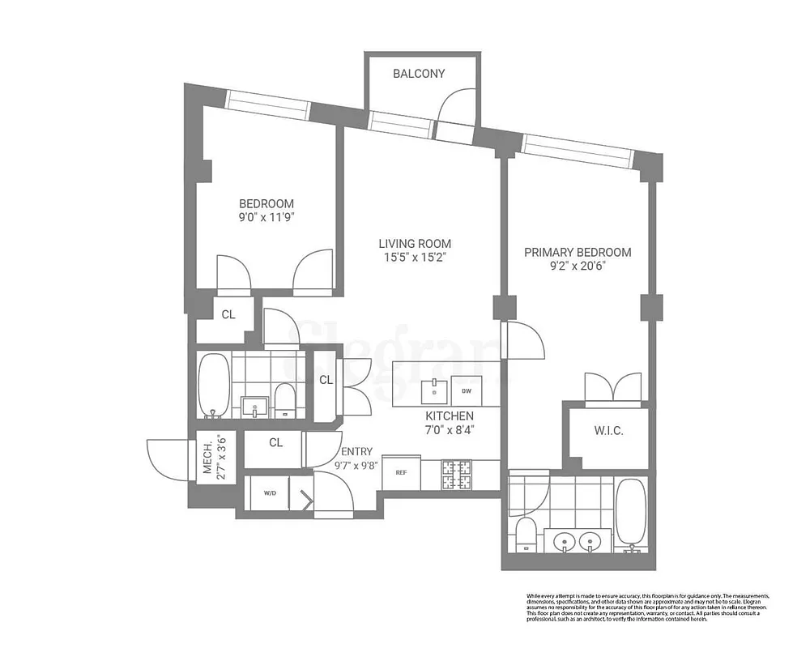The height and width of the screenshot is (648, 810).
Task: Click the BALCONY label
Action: tap(419, 74)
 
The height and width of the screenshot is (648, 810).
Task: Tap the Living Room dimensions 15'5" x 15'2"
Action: tap(416, 258)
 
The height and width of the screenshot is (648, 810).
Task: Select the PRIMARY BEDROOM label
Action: tap(578, 252)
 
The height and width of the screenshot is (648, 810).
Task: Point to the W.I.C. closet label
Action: tap(608, 432)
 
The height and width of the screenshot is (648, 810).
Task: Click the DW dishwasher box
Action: tap(467, 391)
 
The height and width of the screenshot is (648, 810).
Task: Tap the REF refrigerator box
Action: tap(400, 471)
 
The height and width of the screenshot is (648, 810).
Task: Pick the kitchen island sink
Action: tap(436, 389)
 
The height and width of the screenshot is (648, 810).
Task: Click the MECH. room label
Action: tap(207, 459)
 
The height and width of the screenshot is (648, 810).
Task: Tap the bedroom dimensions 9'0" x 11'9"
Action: tap(266, 217)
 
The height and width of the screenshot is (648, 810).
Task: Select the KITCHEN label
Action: tap(450, 416)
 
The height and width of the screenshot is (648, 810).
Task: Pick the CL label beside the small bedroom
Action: tap(228, 314)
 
